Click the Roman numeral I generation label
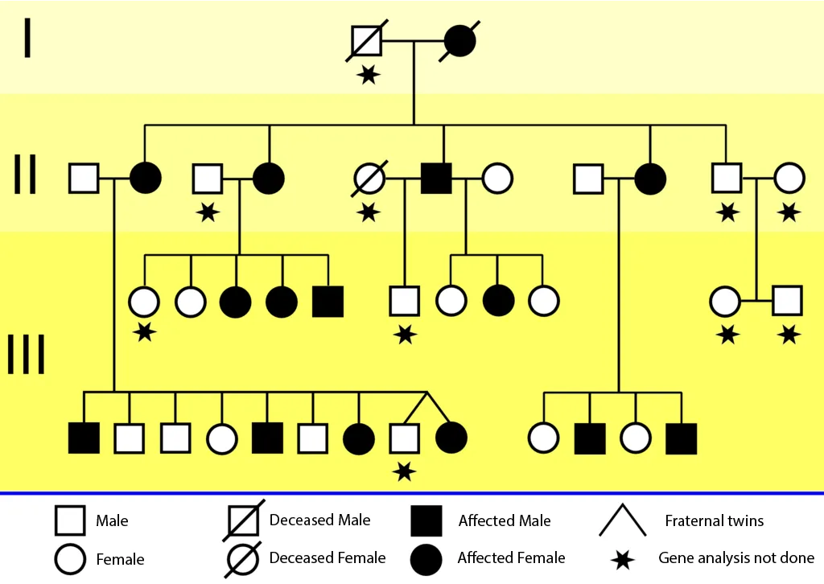point(27,38)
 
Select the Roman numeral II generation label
point(26,175)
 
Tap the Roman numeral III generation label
point(26,355)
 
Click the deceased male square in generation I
point(367,41)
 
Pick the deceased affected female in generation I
point(459,41)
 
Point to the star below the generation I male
point(369,75)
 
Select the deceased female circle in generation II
point(370,178)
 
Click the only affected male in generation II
point(436,178)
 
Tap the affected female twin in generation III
point(451,438)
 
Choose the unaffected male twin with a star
point(404,438)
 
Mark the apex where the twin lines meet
point(426,393)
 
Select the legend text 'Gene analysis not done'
point(735,557)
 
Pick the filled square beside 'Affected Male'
point(426,521)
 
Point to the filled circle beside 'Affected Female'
point(426,559)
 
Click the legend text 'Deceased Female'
point(328,557)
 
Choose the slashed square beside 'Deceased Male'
point(242,521)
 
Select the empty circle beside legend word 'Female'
point(70,559)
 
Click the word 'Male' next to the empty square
point(112,521)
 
